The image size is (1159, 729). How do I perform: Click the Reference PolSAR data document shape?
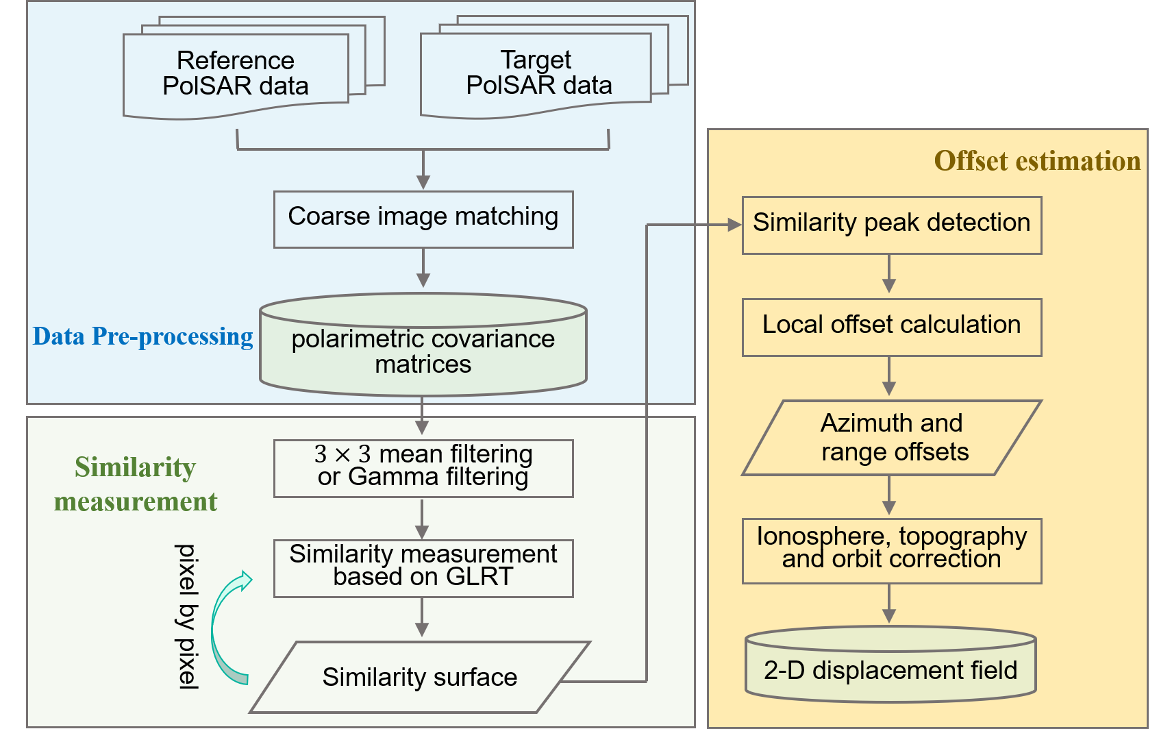point(236,74)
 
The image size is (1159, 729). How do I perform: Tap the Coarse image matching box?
point(423,219)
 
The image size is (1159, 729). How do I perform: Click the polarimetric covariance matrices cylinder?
point(423,349)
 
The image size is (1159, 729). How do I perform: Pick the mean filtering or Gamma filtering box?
point(423,468)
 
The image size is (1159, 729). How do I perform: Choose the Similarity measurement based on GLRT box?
point(423,568)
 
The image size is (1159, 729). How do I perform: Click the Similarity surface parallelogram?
point(419,677)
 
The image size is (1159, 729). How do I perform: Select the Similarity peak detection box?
point(891,225)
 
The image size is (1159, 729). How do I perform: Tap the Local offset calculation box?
point(891,327)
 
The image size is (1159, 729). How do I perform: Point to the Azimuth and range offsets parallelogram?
point(891,438)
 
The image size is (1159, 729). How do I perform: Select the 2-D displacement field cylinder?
point(890,668)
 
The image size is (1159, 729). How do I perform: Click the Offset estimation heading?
point(1037,161)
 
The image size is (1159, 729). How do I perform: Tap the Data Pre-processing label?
point(142,336)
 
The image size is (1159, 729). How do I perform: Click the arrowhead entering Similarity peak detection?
point(734,225)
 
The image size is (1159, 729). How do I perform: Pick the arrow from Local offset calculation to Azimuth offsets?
point(889,376)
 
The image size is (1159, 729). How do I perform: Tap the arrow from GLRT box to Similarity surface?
point(422,617)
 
